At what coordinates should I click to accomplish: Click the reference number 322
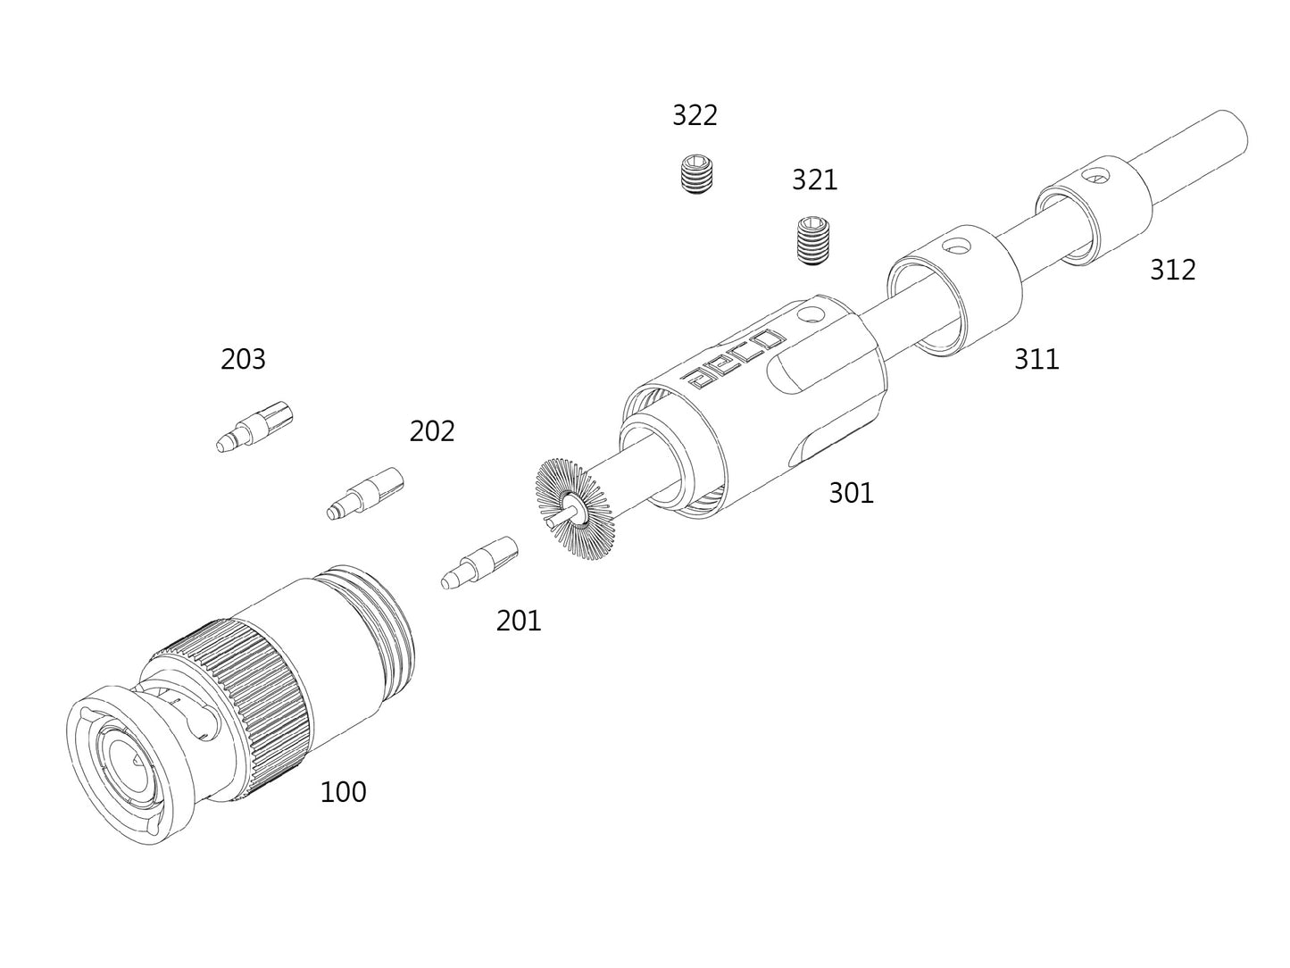(x=694, y=115)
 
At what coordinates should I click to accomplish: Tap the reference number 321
(x=814, y=179)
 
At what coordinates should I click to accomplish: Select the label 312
(x=1172, y=270)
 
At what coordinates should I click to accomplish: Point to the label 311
(x=1036, y=359)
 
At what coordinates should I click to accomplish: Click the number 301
(x=851, y=493)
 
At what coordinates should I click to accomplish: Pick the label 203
(x=243, y=359)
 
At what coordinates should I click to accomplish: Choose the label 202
(x=432, y=431)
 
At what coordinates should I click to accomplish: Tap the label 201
(x=519, y=621)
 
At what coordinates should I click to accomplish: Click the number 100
(x=343, y=792)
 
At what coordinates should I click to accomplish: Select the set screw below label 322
(x=697, y=173)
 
